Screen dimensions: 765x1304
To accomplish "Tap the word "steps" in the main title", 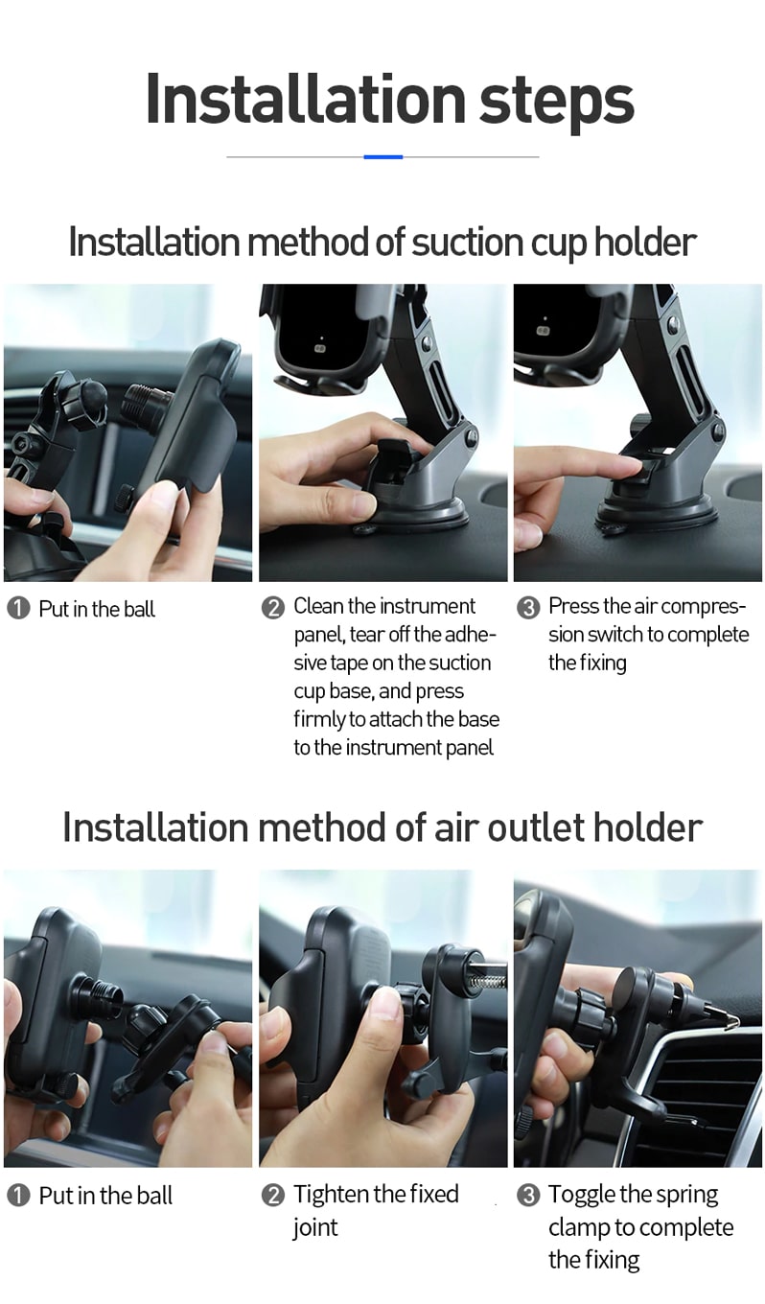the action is click(x=557, y=103).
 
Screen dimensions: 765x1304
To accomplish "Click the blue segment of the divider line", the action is click(x=383, y=156).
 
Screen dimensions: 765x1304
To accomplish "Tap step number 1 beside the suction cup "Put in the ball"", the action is click(x=18, y=609).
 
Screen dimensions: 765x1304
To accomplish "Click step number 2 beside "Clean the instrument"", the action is click(x=273, y=608).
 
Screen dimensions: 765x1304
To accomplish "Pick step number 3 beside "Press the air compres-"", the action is click(x=528, y=608).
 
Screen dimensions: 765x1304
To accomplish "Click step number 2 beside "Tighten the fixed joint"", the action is click(x=273, y=1196).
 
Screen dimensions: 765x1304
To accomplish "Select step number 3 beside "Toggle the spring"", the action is click(x=528, y=1196).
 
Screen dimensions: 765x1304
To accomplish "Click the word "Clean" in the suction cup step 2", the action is click(x=318, y=606).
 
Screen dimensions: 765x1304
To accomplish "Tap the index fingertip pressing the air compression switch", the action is click(x=634, y=464).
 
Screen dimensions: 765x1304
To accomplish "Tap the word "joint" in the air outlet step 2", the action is click(x=315, y=1227).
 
